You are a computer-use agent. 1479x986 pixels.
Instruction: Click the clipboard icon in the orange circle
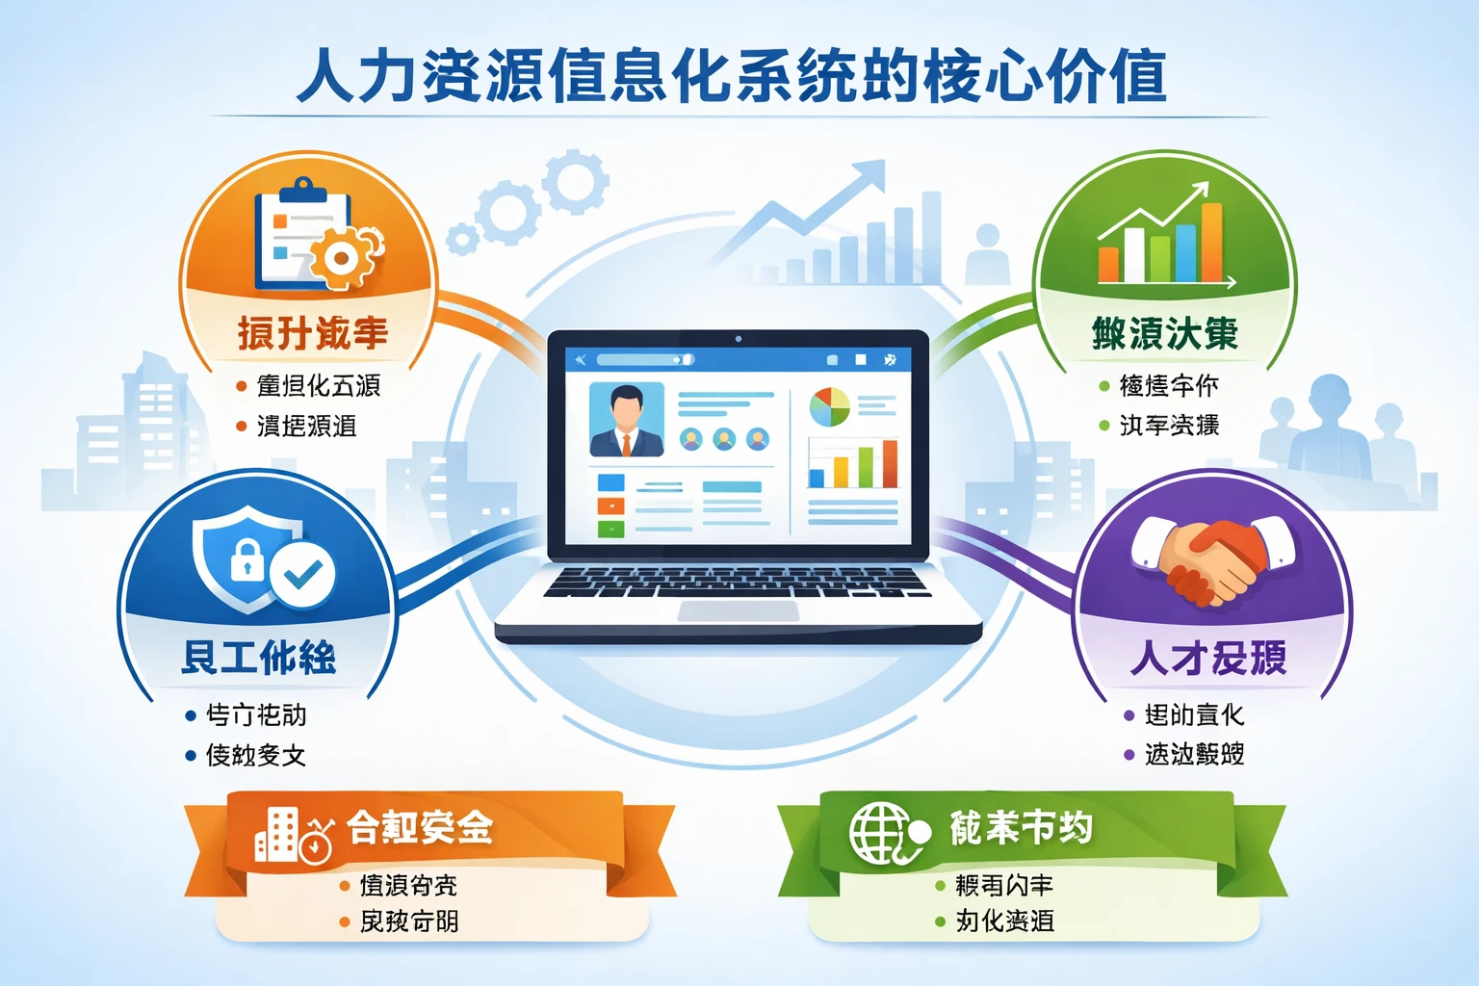pos(294,236)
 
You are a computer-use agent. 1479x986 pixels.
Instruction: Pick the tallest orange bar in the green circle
pos(1211,243)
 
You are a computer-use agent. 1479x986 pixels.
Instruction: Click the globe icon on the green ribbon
pos(879,833)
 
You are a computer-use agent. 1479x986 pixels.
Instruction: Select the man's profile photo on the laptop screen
pos(626,420)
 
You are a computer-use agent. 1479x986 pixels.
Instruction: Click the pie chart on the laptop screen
pos(829,407)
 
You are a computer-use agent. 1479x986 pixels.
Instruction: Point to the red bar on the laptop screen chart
pos(889,464)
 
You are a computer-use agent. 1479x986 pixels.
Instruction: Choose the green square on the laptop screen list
pos(610,529)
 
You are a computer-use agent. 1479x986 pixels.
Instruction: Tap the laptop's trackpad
pos(739,612)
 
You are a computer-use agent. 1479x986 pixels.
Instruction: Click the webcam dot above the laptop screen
pos(739,339)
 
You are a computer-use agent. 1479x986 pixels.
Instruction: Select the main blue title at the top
pos(732,77)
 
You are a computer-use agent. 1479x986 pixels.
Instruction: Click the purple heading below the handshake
pos(1209,659)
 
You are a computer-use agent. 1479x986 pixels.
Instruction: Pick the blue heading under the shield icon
pos(259,658)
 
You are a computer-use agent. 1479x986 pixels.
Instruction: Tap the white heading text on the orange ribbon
pos(420,827)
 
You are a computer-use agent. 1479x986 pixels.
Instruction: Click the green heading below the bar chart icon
pos(1164,334)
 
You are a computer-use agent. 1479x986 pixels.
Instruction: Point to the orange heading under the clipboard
pos(313,334)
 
